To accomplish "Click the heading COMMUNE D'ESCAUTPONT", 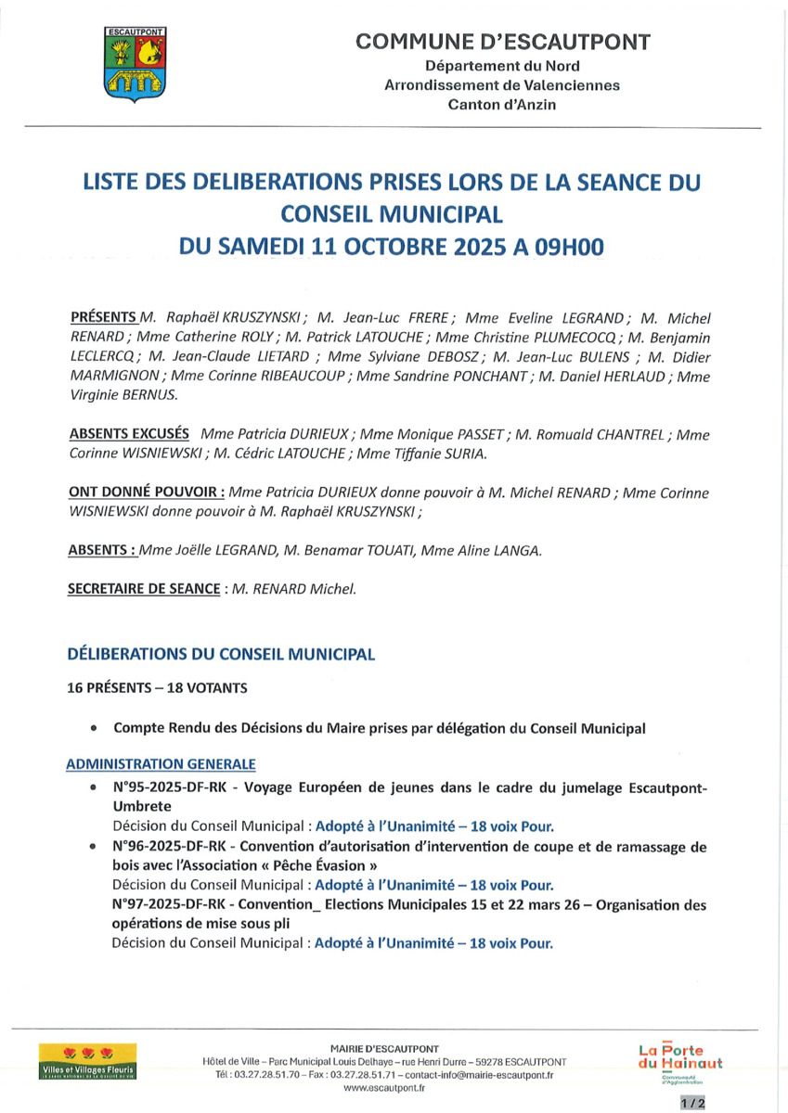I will coord(502,42).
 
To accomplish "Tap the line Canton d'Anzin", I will coord(502,105).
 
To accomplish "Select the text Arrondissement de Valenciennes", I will coord(502,85).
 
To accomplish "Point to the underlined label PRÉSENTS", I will coord(103,316).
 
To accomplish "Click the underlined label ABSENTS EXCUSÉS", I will coord(129,433).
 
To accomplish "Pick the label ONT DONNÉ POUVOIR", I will coord(146,492).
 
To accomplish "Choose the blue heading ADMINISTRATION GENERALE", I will coord(161,764).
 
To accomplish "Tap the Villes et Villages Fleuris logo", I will coord(88,1062).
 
